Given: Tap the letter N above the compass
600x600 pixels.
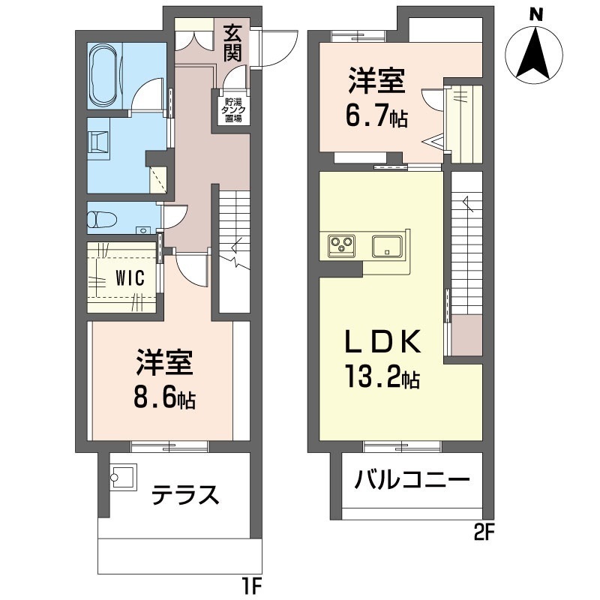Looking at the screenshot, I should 535,13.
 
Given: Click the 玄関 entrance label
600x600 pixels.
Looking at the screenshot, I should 232,43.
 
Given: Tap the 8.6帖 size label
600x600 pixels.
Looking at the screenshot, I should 165,398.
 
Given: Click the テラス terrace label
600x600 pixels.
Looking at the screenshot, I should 185,496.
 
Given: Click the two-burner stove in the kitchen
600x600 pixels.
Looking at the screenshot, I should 342,244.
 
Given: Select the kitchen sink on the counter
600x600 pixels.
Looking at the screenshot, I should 388,245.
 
